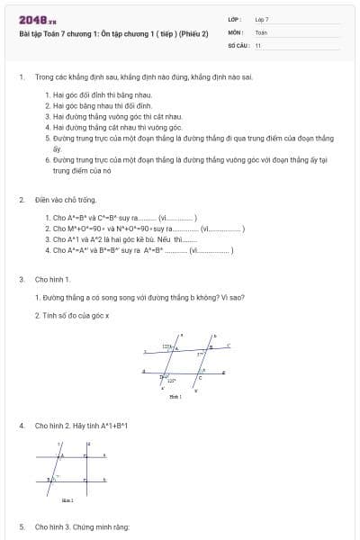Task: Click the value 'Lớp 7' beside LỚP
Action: pos(262,19)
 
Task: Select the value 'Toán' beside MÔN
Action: pos(261,31)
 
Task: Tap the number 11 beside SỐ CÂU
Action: pos(258,44)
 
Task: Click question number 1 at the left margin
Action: pos(21,78)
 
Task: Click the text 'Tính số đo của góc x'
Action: pos(72,316)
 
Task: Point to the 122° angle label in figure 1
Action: pos(166,346)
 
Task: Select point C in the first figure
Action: pos(199,377)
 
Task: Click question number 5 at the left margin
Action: pos(21,526)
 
